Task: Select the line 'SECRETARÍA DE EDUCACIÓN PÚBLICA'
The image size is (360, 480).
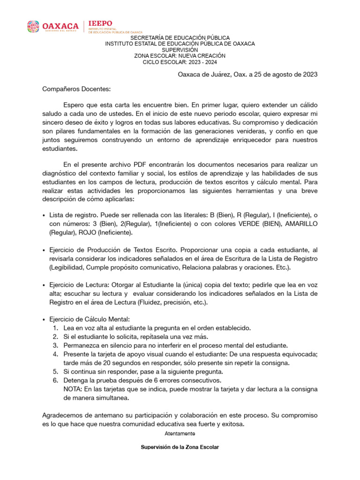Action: click(x=180, y=37)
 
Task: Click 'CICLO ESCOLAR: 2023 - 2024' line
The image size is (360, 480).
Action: click(x=180, y=62)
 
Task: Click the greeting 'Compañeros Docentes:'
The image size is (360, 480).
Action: click(x=70, y=88)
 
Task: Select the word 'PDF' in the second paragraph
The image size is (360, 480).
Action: click(x=140, y=164)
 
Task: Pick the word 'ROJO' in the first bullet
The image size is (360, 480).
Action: click(x=85, y=232)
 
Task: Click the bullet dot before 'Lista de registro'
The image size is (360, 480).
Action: click(x=44, y=215)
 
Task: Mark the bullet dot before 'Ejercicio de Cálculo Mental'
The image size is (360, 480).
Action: click(x=44, y=319)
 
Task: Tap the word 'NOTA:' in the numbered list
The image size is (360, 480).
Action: click(x=73, y=389)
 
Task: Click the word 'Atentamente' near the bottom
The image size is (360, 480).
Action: click(x=180, y=434)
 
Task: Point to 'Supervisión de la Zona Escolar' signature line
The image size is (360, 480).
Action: click(x=180, y=447)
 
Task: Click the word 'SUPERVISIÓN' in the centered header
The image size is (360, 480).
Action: click(x=180, y=50)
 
